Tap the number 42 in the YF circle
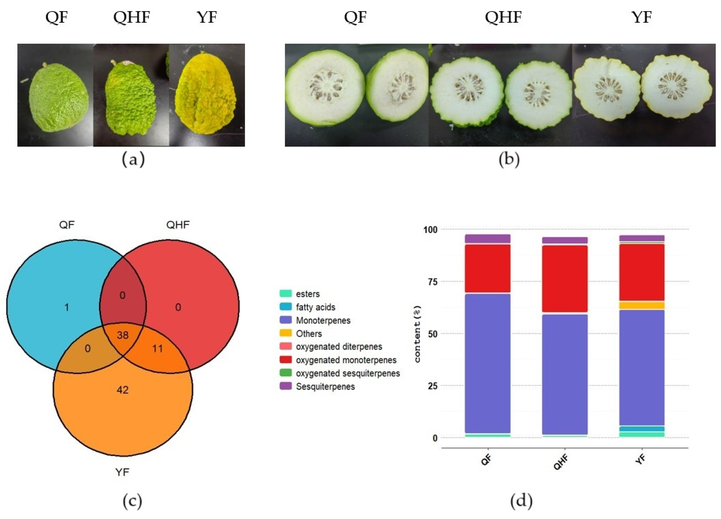point(123,390)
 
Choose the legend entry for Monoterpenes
point(323,320)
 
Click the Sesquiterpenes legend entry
point(325,386)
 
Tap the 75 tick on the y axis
point(431,282)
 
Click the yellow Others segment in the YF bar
point(642,305)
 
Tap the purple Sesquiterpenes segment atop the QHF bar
point(564,240)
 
